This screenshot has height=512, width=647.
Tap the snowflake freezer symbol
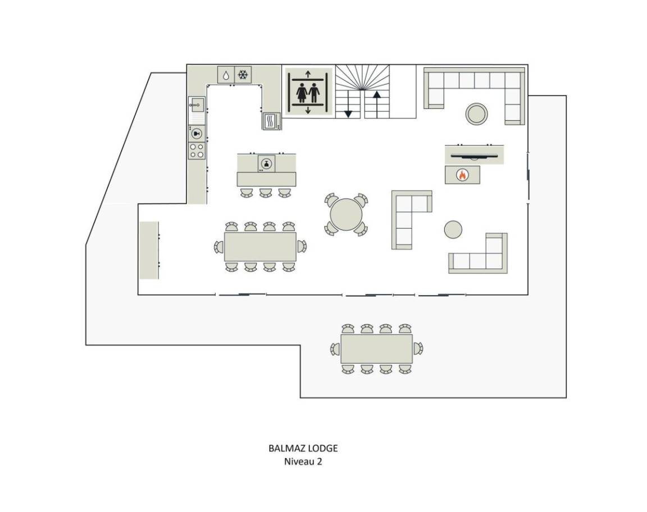[243, 75]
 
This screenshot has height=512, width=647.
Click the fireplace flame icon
[462, 175]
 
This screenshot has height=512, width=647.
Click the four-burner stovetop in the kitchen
[197, 151]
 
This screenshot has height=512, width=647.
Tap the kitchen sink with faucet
[197, 105]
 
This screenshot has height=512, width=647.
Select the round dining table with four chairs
[346, 214]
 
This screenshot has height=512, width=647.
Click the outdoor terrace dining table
[377, 349]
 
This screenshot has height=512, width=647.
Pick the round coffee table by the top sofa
[477, 114]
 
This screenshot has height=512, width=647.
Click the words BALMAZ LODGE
[303, 448]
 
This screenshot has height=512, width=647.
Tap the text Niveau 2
[303, 461]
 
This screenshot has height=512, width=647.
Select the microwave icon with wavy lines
[271, 121]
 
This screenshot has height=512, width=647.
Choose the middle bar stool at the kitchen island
[266, 192]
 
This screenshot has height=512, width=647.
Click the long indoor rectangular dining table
[261, 247]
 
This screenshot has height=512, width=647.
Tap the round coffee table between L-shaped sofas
[453, 229]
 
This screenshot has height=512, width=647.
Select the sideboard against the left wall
[149, 250]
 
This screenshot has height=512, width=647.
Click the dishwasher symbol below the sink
[197, 133]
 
